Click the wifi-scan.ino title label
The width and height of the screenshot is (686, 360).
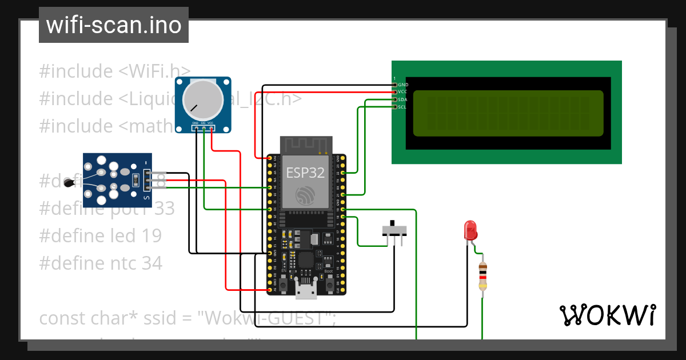click(113, 25)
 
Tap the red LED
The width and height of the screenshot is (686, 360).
click(470, 230)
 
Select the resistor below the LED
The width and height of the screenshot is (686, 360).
click(483, 276)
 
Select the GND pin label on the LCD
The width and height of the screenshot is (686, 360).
click(403, 85)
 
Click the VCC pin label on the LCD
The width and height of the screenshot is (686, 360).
click(403, 92)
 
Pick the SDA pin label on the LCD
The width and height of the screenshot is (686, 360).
click(403, 99)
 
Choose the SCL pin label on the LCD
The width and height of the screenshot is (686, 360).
click(403, 107)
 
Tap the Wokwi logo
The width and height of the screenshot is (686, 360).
click(607, 315)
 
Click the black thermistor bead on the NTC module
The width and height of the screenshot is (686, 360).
click(70, 182)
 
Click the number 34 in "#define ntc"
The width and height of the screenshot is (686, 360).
click(152, 263)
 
